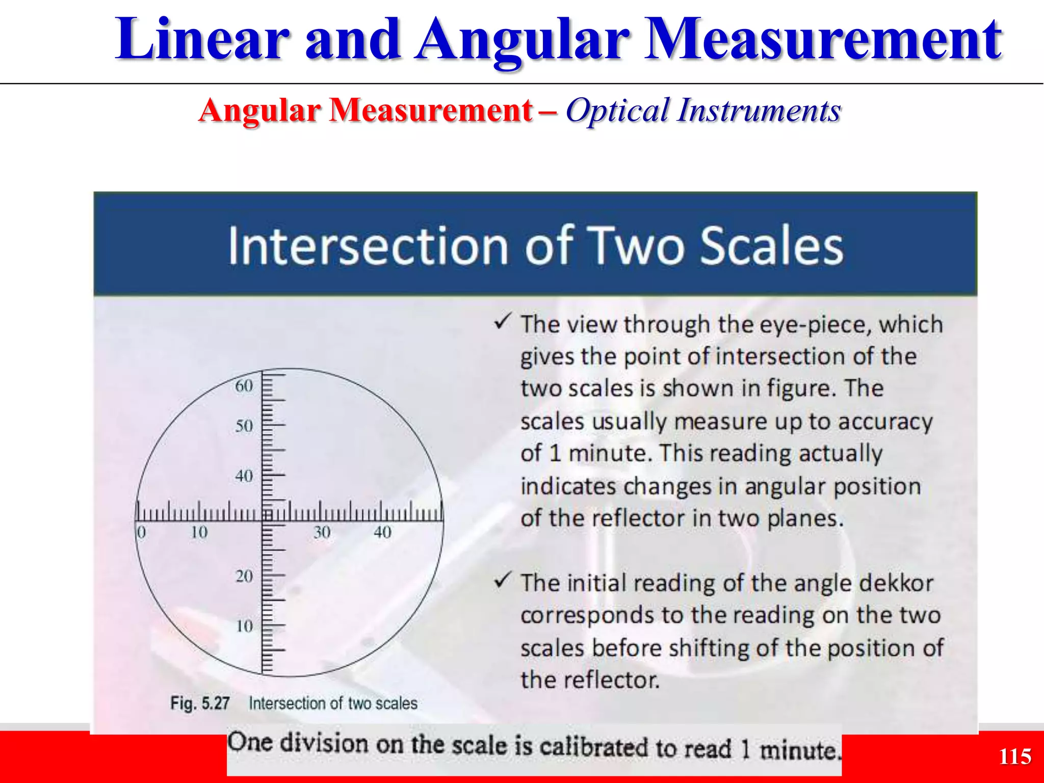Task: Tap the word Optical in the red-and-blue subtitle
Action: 617,110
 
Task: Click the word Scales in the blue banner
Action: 772,246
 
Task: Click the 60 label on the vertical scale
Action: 244,386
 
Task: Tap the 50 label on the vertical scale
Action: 244,426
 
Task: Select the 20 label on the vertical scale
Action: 244,576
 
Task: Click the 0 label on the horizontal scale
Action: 141,533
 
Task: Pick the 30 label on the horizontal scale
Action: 322,533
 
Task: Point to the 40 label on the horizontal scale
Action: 382,533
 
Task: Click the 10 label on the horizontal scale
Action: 199,533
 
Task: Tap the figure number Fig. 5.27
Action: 200,703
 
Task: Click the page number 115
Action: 1014,756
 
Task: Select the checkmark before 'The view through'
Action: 503,322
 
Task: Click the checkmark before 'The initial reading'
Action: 503,580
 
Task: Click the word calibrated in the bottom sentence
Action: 594,747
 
